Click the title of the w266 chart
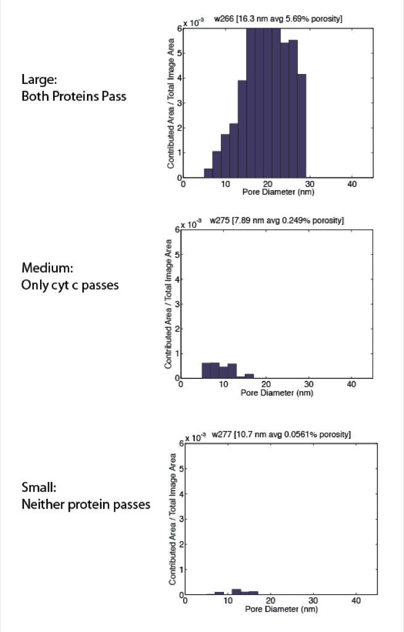(278, 19)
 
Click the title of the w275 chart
(277, 220)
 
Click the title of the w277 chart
(281, 434)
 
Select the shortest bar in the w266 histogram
(208, 173)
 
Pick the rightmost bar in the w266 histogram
(302, 126)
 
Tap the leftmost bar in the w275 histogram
(206, 370)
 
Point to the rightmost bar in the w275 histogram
(249, 376)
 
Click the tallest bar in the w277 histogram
(236, 592)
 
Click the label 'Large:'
(39, 79)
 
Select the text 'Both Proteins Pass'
(74, 96)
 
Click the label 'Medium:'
(47, 268)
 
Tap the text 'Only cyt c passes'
(70, 285)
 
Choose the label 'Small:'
(39, 488)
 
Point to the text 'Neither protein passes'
(86, 505)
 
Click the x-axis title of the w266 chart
(278, 192)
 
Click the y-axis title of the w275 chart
(168, 304)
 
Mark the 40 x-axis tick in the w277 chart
(356, 601)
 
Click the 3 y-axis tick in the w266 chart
(179, 103)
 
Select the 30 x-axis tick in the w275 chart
(308, 384)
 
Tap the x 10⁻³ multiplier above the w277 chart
(196, 438)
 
